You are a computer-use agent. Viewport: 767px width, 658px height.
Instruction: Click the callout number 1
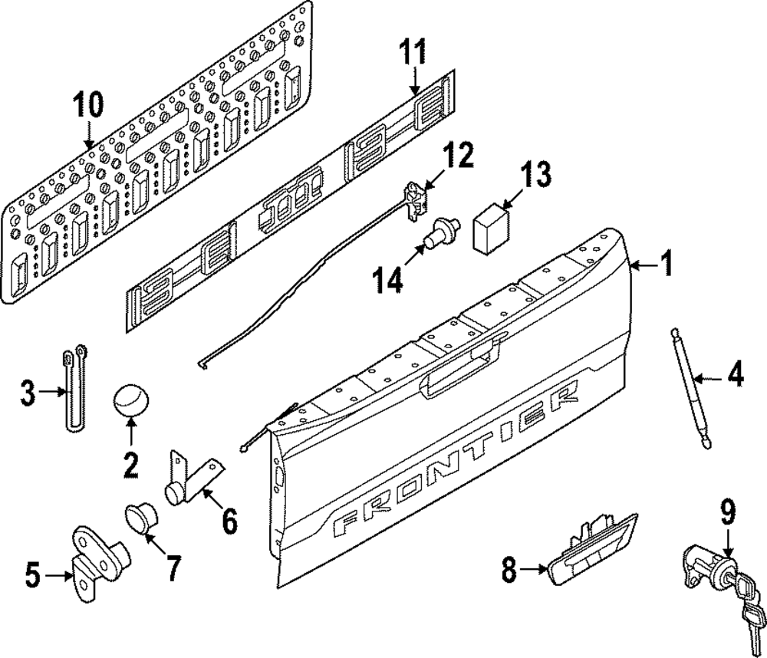pyautogui.click(x=666, y=265)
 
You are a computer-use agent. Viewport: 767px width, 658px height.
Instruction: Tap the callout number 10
pyautogui.click(x=87, y=104)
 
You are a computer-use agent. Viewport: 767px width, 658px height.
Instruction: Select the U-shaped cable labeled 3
pyautogui.click(x=74, y=391)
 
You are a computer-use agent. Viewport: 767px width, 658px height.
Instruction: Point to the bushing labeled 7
pyautogui.click(x=139, y=521)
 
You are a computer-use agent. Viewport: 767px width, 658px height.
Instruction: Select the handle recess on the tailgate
pyautogui.click(x=460, y=373)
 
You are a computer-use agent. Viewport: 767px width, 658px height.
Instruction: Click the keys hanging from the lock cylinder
pyautogui.click(x=748, y=606)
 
